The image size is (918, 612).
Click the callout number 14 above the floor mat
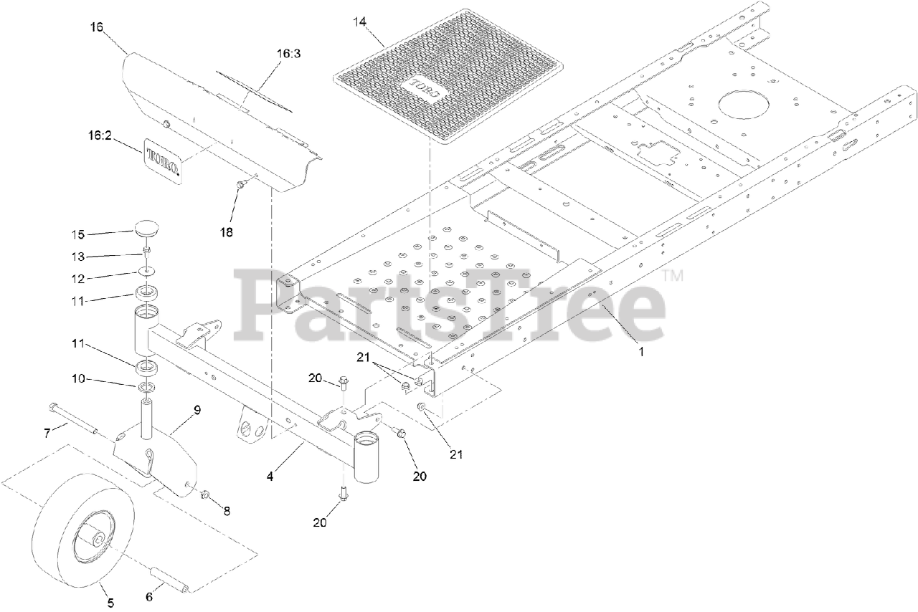[x=359, y=22]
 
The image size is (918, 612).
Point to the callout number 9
[x=197, y=409]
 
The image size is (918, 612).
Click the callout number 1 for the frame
[x=641, y=352]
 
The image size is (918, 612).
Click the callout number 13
[x=78, y=256]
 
